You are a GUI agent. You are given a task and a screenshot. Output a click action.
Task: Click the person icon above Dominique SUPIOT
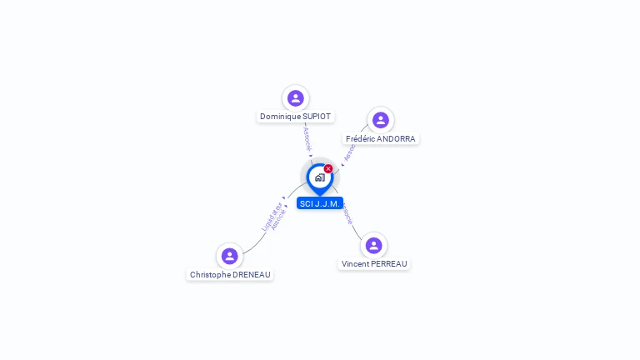295,98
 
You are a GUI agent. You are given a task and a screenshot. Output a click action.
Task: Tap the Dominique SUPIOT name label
295,117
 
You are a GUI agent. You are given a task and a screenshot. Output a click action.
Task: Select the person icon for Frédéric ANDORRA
380,120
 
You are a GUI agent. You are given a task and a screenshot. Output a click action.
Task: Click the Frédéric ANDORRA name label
380,138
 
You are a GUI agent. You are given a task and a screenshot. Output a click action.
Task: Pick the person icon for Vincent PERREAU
373,245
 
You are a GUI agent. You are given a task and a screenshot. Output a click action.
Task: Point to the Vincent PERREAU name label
374,263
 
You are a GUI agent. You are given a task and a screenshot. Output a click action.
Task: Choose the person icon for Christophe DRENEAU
229,256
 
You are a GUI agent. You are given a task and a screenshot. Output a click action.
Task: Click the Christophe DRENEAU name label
230,274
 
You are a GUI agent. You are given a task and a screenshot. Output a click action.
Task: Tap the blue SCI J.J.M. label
320,203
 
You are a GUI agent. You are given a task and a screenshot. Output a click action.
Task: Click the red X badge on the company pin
328,169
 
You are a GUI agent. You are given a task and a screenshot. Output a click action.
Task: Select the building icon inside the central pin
319,177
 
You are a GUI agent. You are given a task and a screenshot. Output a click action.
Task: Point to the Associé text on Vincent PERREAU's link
347,215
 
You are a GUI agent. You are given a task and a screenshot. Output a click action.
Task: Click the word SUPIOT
316,117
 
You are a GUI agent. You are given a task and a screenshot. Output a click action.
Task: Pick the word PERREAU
389,263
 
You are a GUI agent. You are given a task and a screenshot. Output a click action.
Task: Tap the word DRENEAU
252,274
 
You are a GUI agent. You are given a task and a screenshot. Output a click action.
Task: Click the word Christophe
211,274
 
